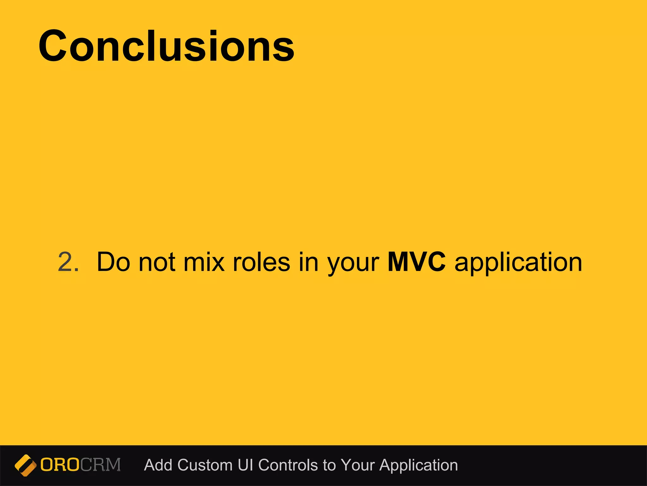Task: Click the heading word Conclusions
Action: click(x=166, y=47)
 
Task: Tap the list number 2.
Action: click(x=68, y=262)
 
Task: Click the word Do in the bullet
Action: click(x=113, y=262)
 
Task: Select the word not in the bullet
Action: click(x=157, y=262)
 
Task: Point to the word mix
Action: click(x=204, y=262)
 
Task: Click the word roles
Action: click(x=261, y=262)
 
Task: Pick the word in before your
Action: click(x=308, y=262)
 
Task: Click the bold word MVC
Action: click(x=416, y=262)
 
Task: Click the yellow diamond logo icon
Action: click(x=25, y=465)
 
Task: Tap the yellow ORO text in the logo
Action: click(x=59, y=465)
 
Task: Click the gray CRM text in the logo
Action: click(x=100, y=465)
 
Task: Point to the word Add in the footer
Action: click(x=158, y=465)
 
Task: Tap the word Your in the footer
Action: click(x=358, y=465)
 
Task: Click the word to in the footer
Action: click(x=329, y=465)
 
